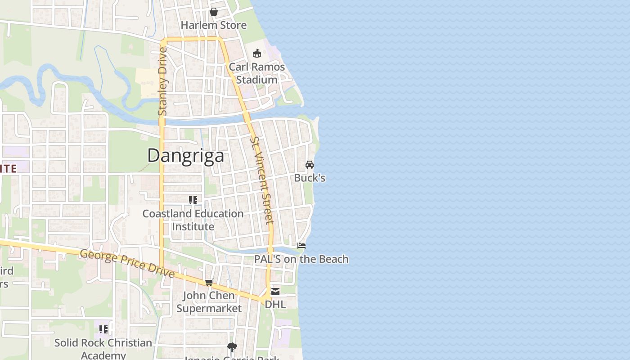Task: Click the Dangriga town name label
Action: (x=185, y=156)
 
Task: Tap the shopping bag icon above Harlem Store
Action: (x=214, y=12)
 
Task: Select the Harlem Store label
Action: (x=214, y=25)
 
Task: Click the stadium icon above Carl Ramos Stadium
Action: (x=257, y=54)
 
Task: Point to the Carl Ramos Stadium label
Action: (x=257, y=73)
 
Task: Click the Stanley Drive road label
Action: (x=162, y=81)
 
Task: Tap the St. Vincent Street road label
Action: (x=261, y=180)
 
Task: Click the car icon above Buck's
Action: (x=310, y=165)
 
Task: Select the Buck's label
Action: (x=310, y=178)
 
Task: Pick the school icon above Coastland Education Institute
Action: (x=193, y=200)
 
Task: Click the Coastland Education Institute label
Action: (x=193, y=220)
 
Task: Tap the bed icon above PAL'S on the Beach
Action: (x=301, y=246)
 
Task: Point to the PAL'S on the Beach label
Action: (x=301, y=259)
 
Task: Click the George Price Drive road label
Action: (x=127, y=263)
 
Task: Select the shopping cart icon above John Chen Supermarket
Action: (x=209, y=282)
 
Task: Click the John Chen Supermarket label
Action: (x=209, y=302)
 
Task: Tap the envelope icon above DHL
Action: (x=275, y=292)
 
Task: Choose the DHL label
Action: (x=275, y=305)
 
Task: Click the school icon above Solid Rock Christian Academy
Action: (x=103, y=329)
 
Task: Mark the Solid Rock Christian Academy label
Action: (x=103, y=349)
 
